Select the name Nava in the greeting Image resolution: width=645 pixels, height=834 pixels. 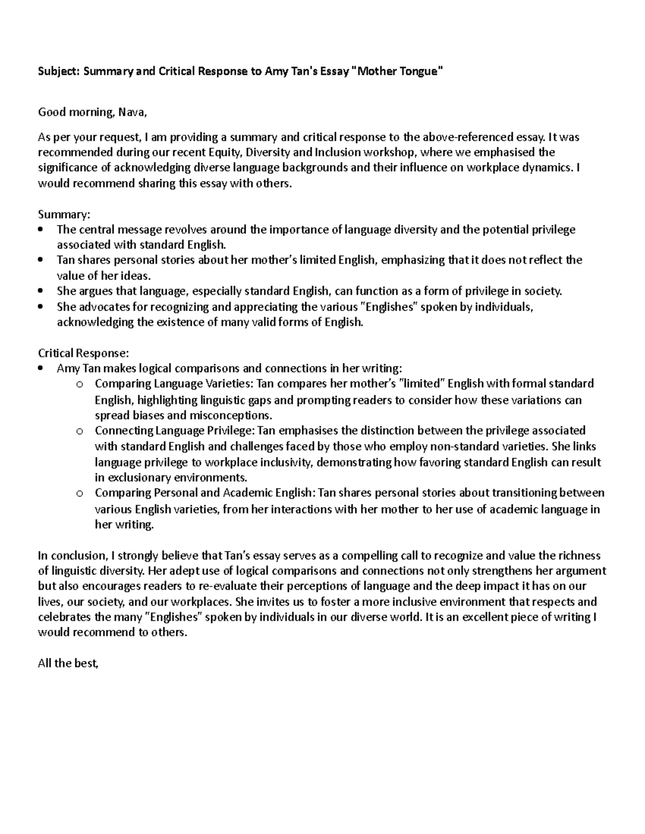pyautogui.click(x=132, y=112)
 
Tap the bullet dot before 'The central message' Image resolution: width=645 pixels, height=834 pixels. pyautogui.click(x=41, y=230)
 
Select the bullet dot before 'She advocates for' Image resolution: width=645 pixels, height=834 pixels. pyautogui.click(x=41, y=307)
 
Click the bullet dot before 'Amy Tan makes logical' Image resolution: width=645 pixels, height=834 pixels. pyautogui.click(x=41, y=369)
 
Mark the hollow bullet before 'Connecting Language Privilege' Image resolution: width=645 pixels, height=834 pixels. pyautogui.click(x=80, y=431)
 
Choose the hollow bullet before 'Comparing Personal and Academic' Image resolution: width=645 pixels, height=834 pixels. pyautogui.click(x=80, y=494)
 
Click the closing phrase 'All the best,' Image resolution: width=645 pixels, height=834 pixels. pyautogui.click(x=69, y=663)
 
